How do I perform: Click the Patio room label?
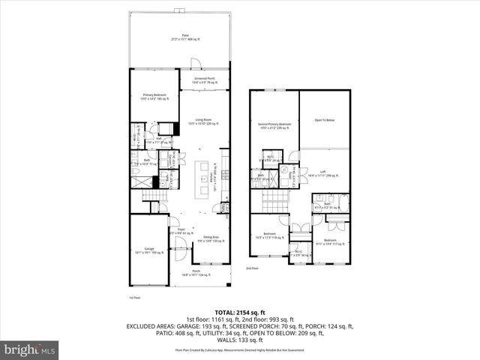[x=179, y=37]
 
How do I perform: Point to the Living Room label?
[x=203, y=121]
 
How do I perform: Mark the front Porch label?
[x=196, y=273]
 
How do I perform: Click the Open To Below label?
[x=324, y=120]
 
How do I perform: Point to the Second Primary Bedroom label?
[x=274, y=127]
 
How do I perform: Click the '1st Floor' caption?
[x=134, y=298]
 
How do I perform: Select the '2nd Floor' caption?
[x=252, y=268]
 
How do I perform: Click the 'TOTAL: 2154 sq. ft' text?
[x=239, y=311]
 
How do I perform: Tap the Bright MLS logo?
[x=28, y=349]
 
